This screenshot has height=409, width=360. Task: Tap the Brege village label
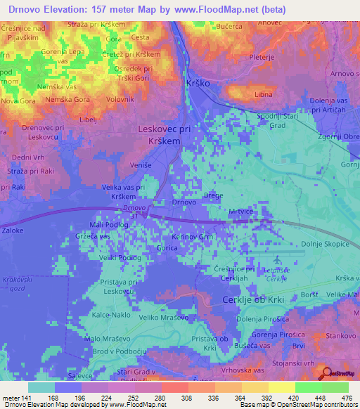coord(213,195)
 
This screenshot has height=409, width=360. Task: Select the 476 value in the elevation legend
coord(345,398)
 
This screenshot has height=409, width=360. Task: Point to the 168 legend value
coord(51,398)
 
